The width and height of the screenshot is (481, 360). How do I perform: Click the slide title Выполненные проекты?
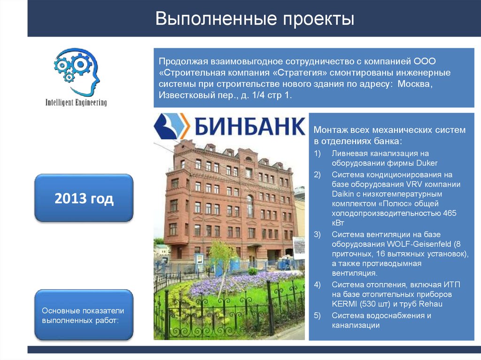click(255, 19)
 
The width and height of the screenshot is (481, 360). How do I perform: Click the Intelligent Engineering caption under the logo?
click(76, 102)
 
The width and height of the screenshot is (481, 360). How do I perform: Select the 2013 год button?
click(84, 199)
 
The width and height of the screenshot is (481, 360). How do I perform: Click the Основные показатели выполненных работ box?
click(84, 315)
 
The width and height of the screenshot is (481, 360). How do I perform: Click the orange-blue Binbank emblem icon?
click(172, 126)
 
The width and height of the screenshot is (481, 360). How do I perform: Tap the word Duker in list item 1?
click(427, 163)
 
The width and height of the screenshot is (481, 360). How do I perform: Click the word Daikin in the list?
click(344, 194)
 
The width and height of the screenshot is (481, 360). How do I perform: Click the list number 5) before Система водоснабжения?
click(318, 315)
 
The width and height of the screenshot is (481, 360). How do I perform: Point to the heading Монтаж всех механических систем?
click(389, 130)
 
